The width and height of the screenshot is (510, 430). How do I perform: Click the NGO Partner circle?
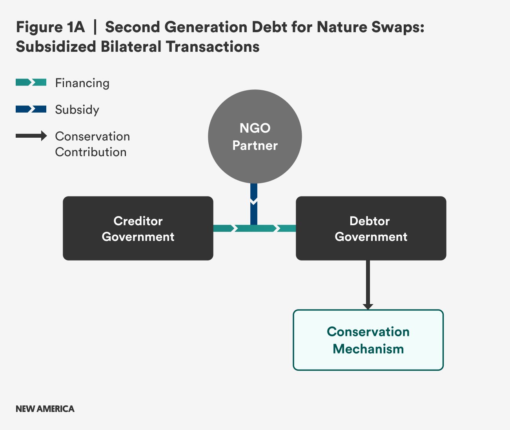(x=255, y=136)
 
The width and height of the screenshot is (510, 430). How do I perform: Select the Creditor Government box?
(x=138, y=228)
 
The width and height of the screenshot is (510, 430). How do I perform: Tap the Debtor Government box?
(x=371, y=228)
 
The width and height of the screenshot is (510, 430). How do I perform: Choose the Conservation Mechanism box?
(x=368, y=340)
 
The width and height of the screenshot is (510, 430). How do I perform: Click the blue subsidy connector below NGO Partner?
(x=254, y=204)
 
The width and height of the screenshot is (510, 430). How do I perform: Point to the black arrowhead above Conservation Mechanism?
(x=368, y=307)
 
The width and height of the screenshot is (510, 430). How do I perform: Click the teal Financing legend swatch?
(x=31, y=82)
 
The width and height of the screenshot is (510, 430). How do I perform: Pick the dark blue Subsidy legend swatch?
(x=31, y=109)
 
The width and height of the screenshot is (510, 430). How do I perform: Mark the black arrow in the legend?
(x=31, y=136)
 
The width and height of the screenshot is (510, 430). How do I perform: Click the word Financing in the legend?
(x=82, y=83)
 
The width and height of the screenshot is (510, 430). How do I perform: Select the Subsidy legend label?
(x=77, y=110)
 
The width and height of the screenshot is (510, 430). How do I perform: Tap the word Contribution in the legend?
(x=91, y=152)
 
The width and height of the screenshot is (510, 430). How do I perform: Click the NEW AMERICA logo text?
(x=45, y=409)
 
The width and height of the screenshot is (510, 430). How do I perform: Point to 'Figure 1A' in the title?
(x=50, y=27)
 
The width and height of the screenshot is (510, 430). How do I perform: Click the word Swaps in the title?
(x=398, y=27)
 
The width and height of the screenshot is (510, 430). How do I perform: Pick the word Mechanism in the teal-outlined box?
(x=368, y=349)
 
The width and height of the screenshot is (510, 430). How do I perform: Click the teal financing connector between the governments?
(x=255, y=228)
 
